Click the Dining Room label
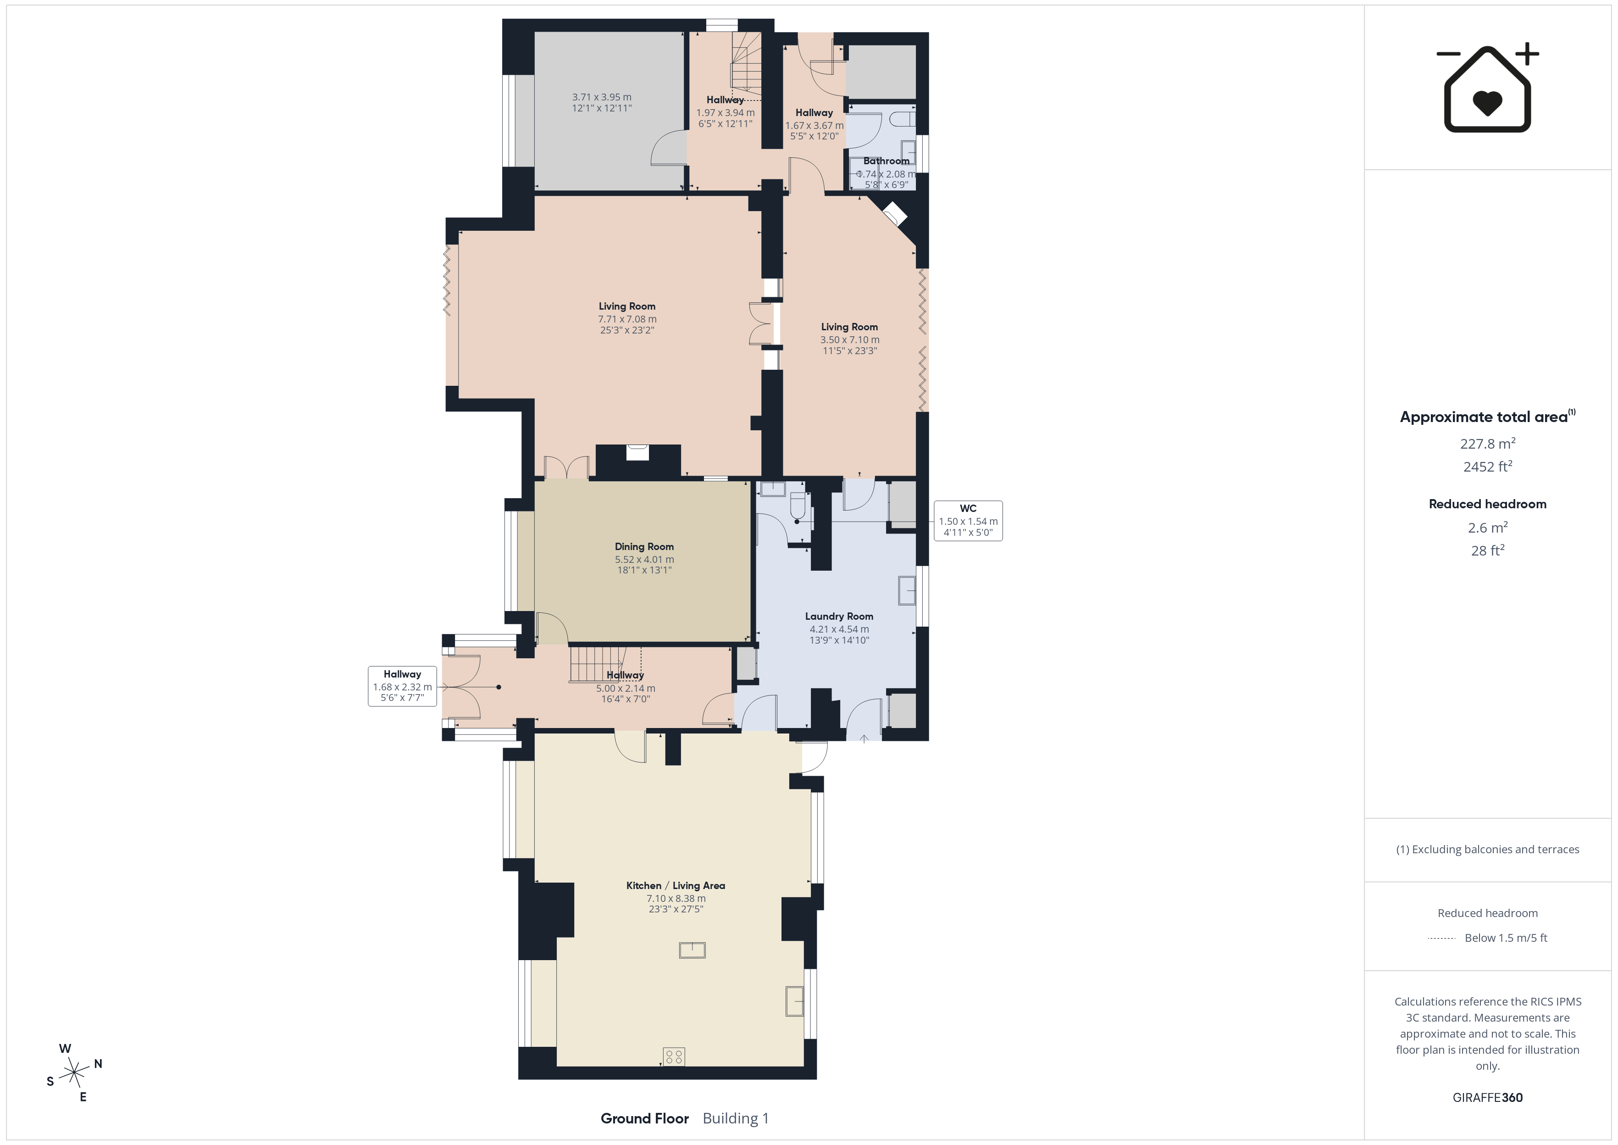644,546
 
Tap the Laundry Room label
839,616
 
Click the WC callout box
968,520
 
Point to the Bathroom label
886,161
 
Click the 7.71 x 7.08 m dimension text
627,319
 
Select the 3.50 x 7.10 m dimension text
849,339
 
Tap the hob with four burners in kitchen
674,1056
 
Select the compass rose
74,1073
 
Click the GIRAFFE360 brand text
1488,1097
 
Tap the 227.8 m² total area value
1488,444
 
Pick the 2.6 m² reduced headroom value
1488,528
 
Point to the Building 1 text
736,1118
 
